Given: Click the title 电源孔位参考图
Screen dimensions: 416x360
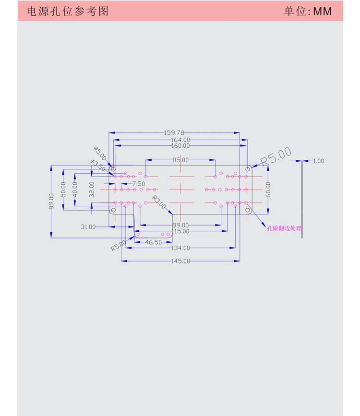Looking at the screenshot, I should click(x=68, y=11).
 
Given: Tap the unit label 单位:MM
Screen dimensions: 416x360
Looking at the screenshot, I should click(x=308, y=11).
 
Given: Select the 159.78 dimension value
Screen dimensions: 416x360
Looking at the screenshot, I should click(x=174, y=132).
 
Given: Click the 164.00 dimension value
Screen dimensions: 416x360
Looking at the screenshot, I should click(x=180, y=140).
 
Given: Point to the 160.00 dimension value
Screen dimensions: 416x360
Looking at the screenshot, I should click(x=180, y=145).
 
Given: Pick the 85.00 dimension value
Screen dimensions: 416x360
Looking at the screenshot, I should click(x=180, y=160).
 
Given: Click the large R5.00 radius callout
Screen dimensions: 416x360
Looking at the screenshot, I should click(x=276, y=156).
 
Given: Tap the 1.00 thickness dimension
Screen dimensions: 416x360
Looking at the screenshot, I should click(x=318, y=161).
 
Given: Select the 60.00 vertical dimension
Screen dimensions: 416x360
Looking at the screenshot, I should click(x=268, y=189).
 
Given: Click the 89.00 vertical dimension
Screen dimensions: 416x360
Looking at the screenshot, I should click(x=51, y=201).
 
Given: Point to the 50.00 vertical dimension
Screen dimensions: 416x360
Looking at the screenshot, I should click(x=62, y=188).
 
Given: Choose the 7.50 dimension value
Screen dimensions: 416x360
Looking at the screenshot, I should click(x=138, y=184).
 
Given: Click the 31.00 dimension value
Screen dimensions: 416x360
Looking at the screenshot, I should click(x=88, y=227).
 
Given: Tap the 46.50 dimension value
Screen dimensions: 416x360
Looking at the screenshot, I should click(x=153, y=242).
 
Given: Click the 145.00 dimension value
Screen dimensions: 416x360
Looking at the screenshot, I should click(x=180, y=261).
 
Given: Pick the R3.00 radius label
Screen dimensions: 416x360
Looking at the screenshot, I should click(x=159, y=202).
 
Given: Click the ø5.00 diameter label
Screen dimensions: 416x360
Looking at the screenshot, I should click(x=100, y=154).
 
